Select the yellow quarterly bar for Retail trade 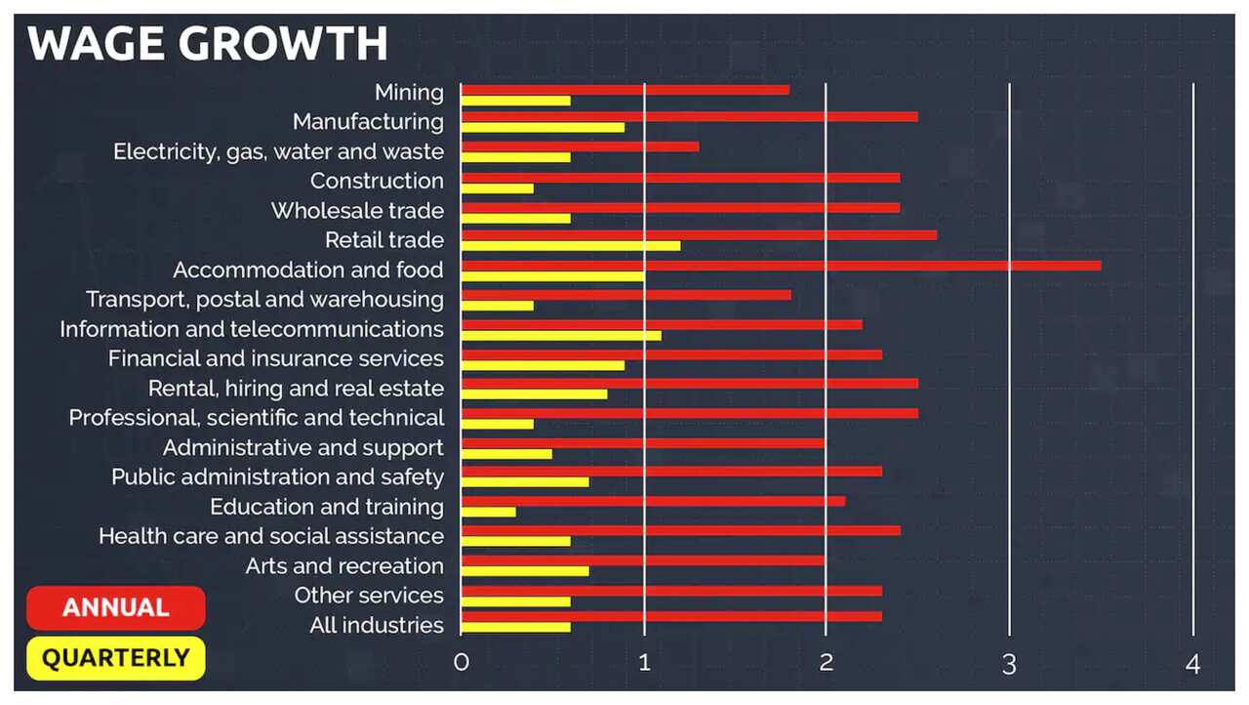pyautogui.click(x=571, y=245)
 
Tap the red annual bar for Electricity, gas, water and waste pyautogui.click(x=580, y=146)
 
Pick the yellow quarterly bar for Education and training pyautogui.click(x=489, y=512)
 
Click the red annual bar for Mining pyautogui.click(x=624, y=90)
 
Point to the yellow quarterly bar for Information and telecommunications pyautogui.click(x=561, y=335)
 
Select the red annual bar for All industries pyautogui.click(x=671, y=616)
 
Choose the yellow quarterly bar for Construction pyautogui.click(x=498, y=187)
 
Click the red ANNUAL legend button pyautogui.click(x=116, y=608)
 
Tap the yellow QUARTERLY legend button pyautogui.click(x=116, y=658)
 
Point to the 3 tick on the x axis pyautogui.click(x=1009, y=664)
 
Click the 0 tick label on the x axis pyautogui.click(x=462, y=664)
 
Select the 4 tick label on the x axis pyautogui.click(x=1192, y=664)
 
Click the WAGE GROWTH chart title pyautogui.click(x=207, y=45)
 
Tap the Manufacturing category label pyautogui.click(x=368, y=122)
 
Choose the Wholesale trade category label pyautogui.click(x=357, y=211)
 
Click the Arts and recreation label pyautogui.click(x=344, y=566)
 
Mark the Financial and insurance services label pyautogui.click(x=276, y=358)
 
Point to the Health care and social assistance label pyautogui.click(x=271, y=536)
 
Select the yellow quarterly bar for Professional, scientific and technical pyautogui.click(x=498, y=424)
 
